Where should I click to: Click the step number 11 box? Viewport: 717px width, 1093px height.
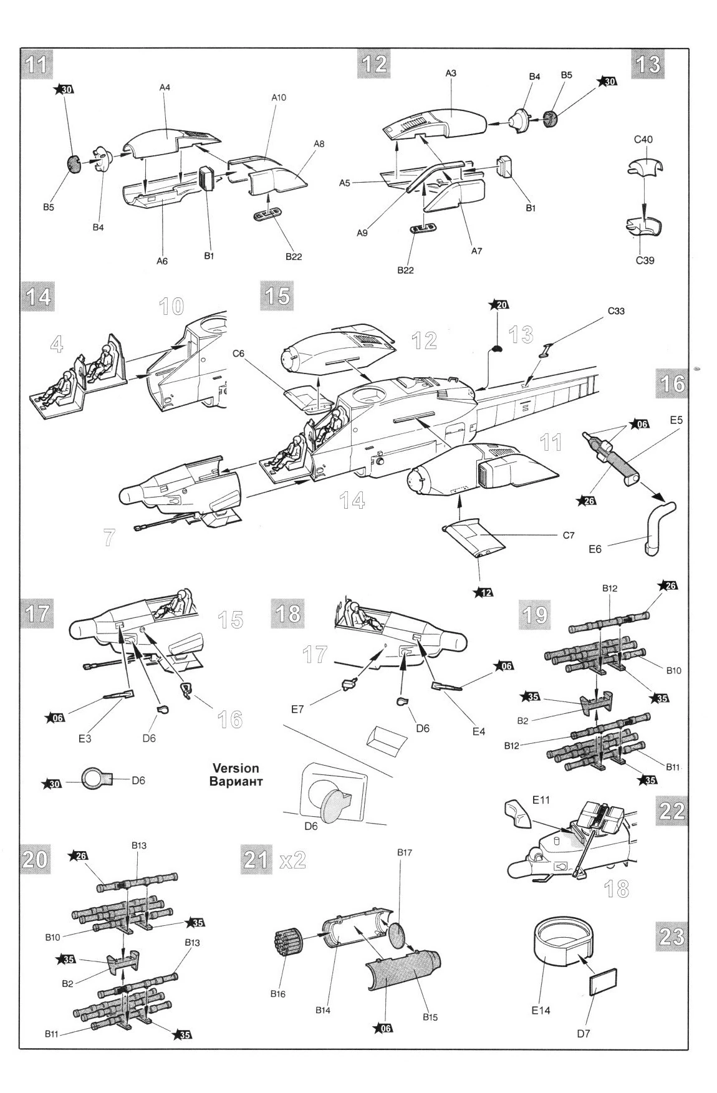click(x=37, y=65)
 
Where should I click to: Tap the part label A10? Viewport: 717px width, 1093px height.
click(x=279, y=98)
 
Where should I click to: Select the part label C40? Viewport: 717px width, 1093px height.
click(x=643, y=140)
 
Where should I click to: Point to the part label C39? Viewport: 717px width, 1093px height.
click(x=645, y=260)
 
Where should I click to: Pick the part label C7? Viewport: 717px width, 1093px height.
click(x=568, y=535)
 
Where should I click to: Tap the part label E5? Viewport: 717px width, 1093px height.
click(x=676, y=420)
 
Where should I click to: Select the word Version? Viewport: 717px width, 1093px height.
click(x=236, y=768)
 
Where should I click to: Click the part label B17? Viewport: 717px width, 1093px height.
click(x=405, y=852)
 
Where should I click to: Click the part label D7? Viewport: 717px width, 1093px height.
click(x=583, y=1033)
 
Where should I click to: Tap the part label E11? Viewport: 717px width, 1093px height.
click(x=541, y=798)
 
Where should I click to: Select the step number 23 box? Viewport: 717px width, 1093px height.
click(x=671, y=937)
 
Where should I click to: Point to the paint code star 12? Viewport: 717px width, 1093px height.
click(x=484, y=591)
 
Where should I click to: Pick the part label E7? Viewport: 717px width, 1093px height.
click(x=297, y=709)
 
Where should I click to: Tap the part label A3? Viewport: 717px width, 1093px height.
click(x=451, y=73)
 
